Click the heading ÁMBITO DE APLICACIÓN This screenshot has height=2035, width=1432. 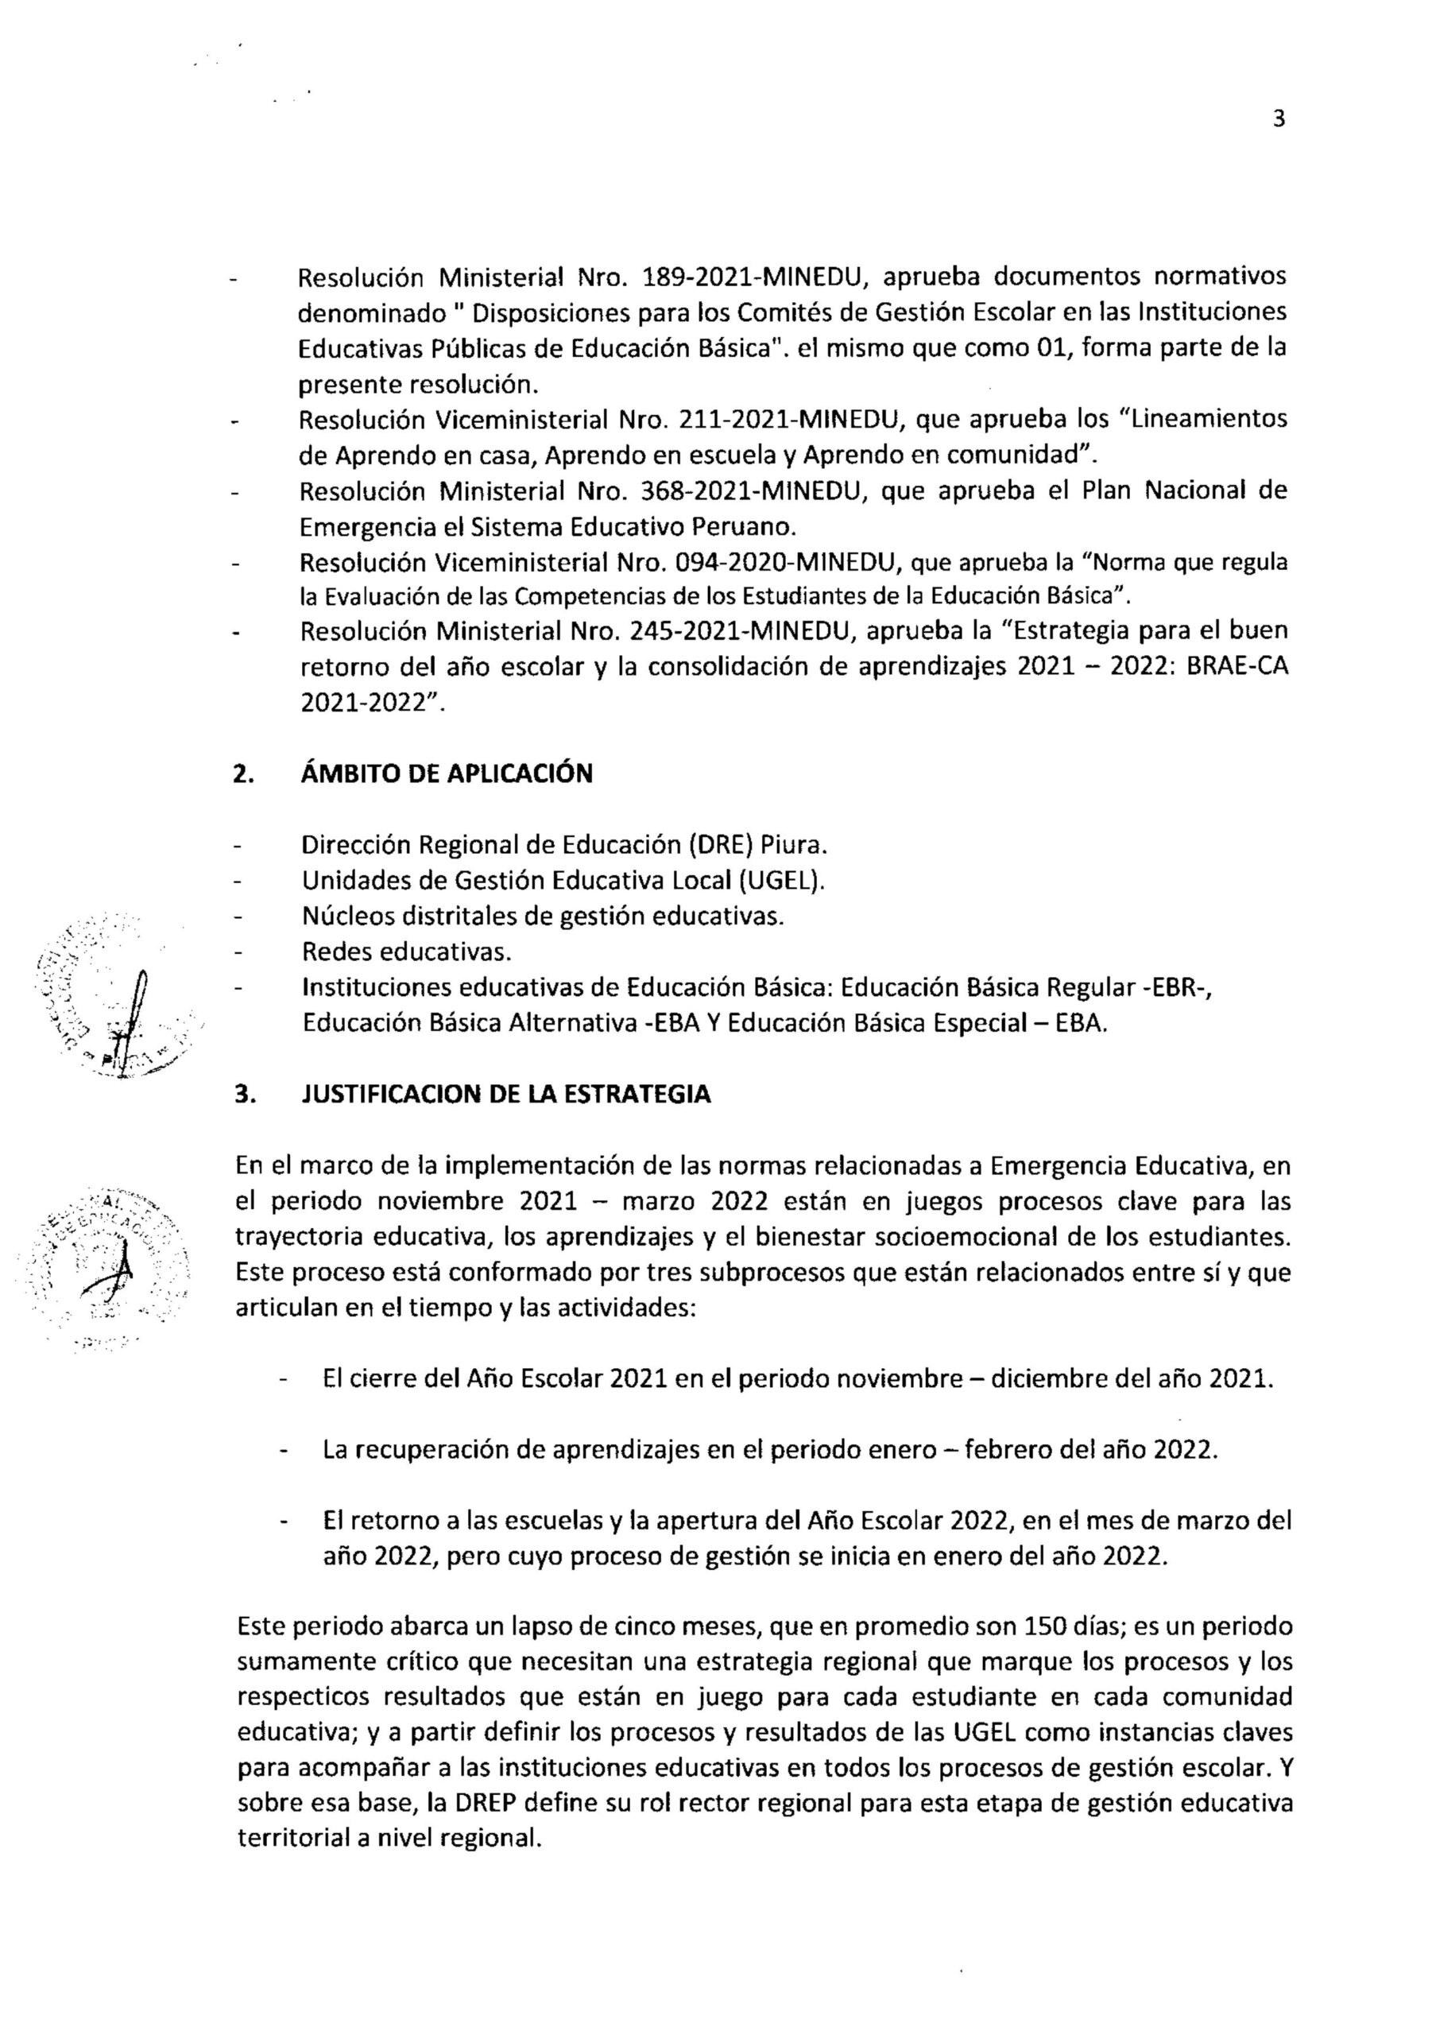click(x=447, y=773)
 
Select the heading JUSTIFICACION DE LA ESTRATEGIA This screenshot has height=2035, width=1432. click(x=506, y=1094)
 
